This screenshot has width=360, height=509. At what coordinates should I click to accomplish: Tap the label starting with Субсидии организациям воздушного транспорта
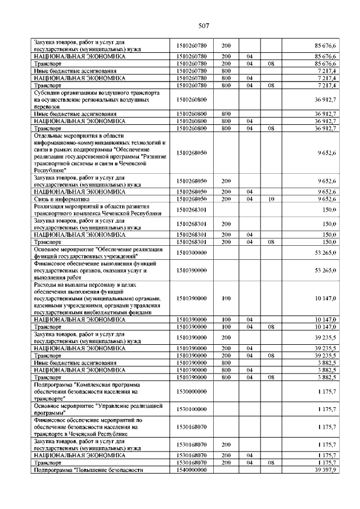[92, 99]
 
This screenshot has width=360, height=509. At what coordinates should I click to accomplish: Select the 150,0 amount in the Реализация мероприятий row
[329, 210]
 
